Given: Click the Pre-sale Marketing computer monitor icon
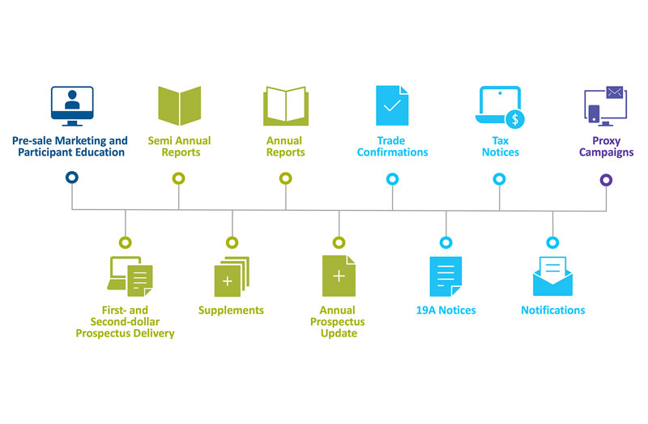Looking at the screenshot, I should point(72,105).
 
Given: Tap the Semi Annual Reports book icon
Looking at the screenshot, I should point(179,105).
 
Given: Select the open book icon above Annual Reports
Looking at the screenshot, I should point(286,106).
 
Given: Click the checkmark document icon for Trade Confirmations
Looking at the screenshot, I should point(392,105).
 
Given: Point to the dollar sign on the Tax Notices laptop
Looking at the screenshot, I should point(513,119).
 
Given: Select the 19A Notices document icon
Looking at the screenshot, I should point(446,276).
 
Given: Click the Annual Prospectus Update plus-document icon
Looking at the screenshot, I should point(339,276).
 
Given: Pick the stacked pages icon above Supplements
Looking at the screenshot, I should point(232,276).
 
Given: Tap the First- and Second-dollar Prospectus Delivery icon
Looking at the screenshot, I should point(130,276).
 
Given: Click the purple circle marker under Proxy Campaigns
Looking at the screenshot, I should point(606,179).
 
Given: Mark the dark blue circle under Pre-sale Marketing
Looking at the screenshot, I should point(72,178).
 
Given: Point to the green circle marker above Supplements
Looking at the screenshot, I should point(232,242).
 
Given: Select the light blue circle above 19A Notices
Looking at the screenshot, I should point(446,242).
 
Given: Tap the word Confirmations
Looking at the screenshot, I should point(392,152).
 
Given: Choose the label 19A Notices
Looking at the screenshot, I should point(446,310).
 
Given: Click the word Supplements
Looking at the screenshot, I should point(232,310).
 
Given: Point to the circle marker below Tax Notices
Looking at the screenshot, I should point(499,178).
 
